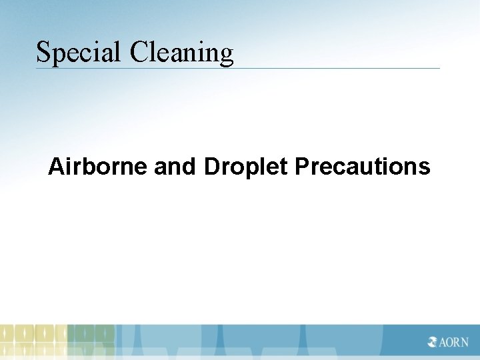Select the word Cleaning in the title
[181, 52]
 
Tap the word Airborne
[98, 166]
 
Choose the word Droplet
[246, 167]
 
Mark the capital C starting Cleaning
[139, 52]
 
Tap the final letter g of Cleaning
[226, 55]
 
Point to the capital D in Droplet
[212, 166]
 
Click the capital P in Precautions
[301, 166]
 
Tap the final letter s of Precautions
[425, 168]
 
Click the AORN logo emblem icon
[433, 342]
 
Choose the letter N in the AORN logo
[465, 342]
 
